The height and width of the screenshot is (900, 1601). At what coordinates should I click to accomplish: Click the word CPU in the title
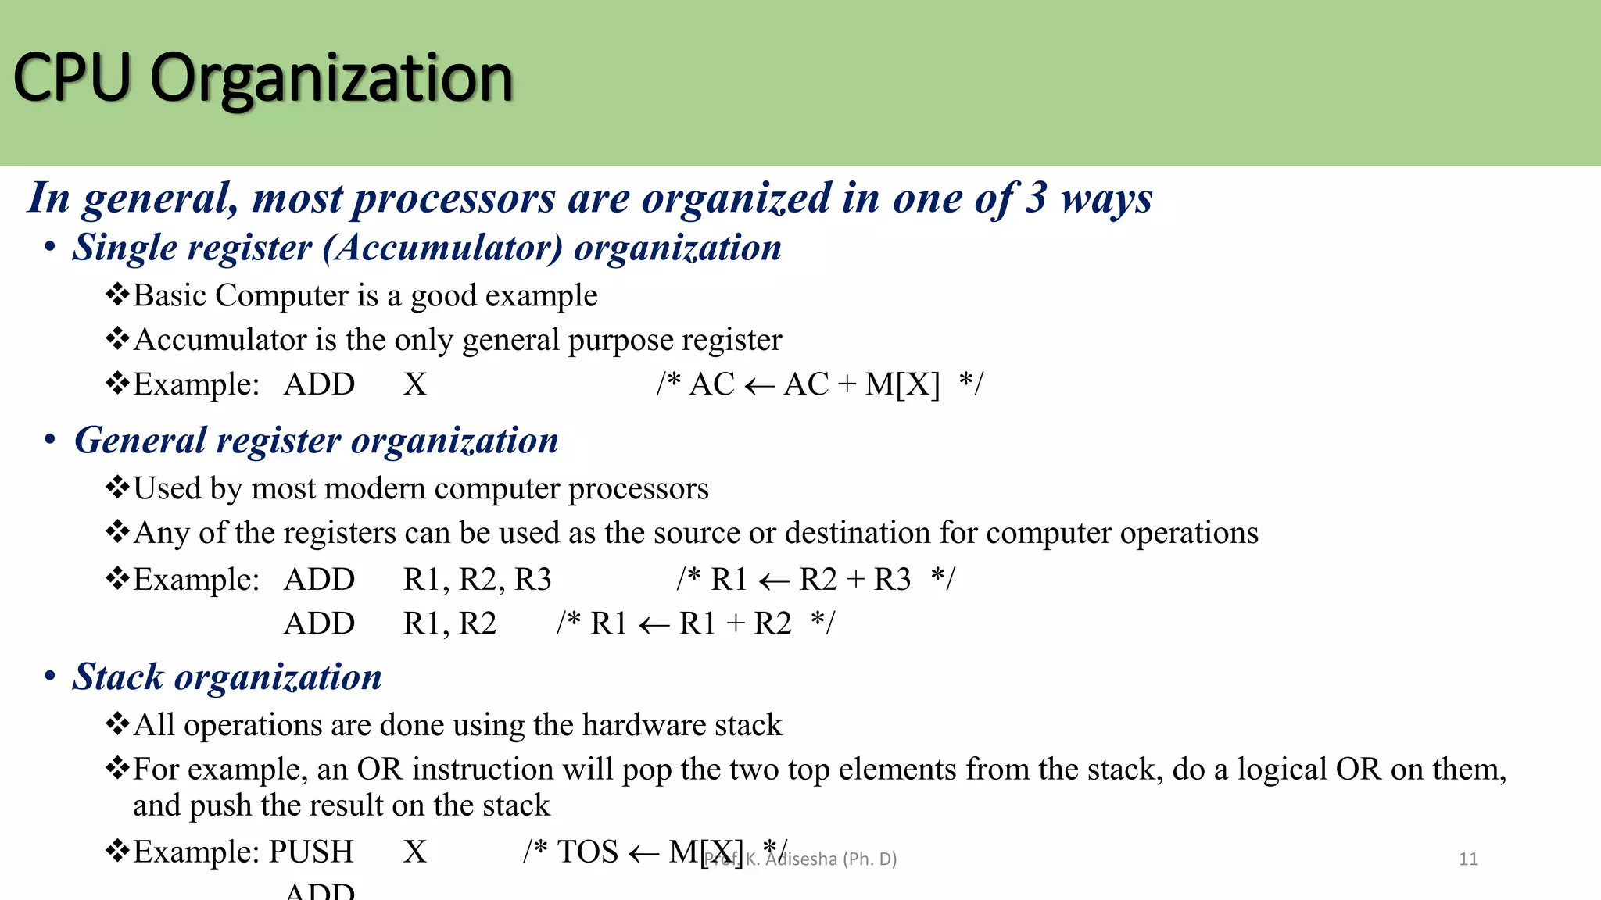click(72, 78)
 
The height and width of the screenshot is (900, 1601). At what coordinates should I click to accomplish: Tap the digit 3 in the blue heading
click(1035, 198)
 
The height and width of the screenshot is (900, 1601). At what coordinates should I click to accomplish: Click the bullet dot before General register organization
click(50, 440)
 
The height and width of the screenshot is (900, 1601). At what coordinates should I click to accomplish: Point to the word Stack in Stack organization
click(117, 677)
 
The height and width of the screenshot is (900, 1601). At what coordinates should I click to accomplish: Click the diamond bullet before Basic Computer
click(117, 295)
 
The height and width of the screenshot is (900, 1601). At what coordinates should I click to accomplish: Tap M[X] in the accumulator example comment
click(902, 384)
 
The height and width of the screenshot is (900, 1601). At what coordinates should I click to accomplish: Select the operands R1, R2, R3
click(477, 580)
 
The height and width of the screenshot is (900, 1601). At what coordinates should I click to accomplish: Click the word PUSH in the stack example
click(311, 852)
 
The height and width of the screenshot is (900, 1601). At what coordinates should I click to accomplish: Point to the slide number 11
click(1468, 859)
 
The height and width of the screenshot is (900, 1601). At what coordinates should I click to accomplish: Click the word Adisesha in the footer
click(800, 859)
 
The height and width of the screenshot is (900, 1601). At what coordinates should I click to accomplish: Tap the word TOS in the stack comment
click(587, 852)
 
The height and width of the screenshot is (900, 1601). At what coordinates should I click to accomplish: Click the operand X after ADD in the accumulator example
click(415, 384)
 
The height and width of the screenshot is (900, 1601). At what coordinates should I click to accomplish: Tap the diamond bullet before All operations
click(117, 724)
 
